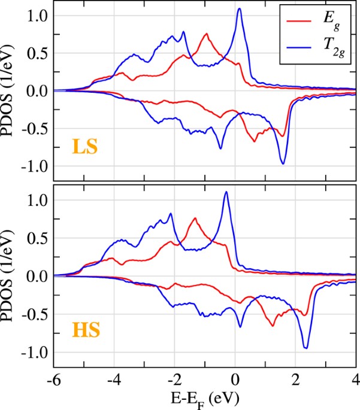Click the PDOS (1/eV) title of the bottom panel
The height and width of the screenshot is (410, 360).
(10, 276)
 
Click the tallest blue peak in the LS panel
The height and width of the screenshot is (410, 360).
(240, 8)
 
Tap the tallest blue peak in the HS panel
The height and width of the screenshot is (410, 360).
(226, 192)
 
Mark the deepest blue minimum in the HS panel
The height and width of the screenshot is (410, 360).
(306, 347)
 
